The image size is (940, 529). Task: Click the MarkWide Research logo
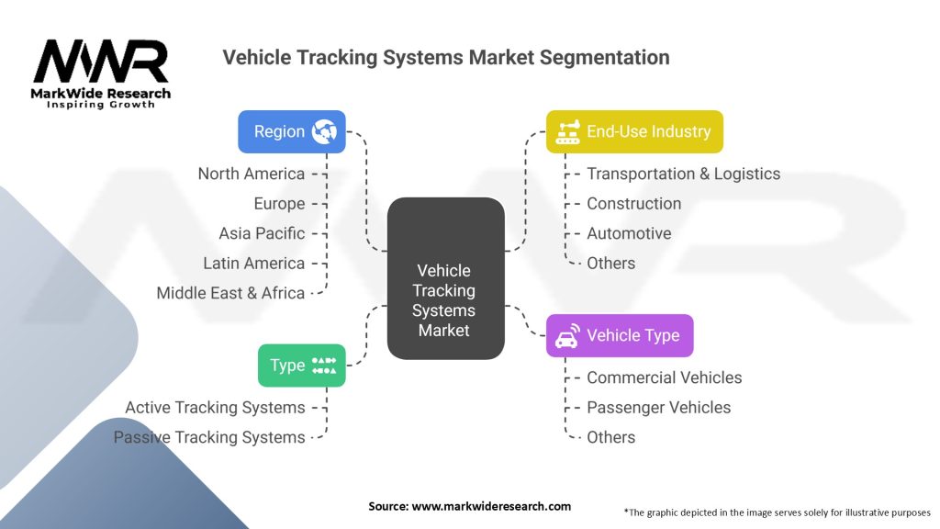point(101,73)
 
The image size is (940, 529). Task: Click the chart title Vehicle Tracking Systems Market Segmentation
point(446,58)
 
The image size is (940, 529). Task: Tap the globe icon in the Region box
point(324,131)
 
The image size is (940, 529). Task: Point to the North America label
point(252,174)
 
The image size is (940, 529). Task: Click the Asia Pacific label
point(262,233)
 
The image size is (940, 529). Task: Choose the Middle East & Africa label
point(230,293)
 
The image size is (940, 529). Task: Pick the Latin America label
point(253,263)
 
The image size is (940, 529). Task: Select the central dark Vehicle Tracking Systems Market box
point(445,277)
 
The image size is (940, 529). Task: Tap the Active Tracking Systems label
point(215,407)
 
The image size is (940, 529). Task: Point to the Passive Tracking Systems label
point(209,437)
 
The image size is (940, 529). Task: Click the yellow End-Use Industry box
point(634,131)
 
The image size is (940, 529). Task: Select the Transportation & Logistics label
point(683,174)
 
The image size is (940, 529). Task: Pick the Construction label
point(633,203)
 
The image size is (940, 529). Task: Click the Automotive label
point(629,233)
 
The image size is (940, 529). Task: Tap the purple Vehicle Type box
point(620,335)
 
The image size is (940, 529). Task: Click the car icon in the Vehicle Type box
point(566,335)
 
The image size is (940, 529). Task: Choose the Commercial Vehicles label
point(664,377)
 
